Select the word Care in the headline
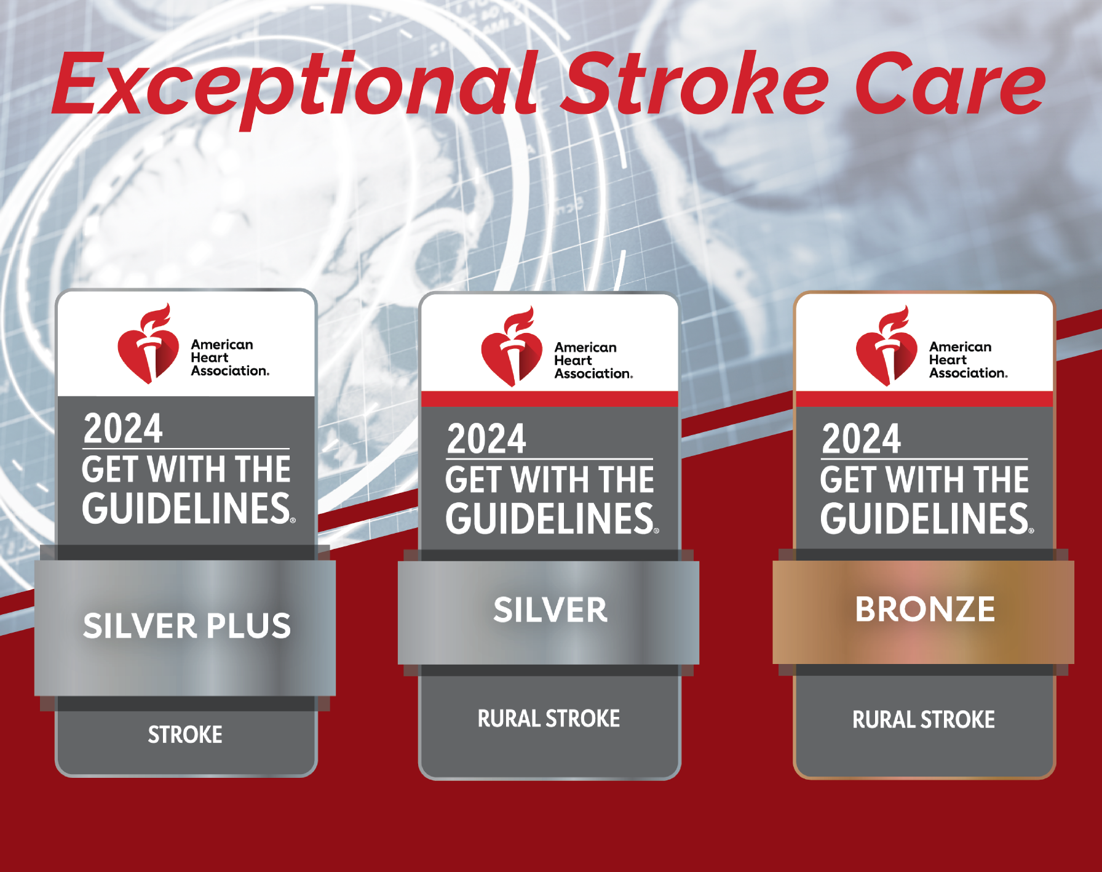tap(949, 84)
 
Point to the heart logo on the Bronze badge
tap(886, 346)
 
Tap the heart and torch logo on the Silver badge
tap(512, 346)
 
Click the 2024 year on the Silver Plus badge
tap(123, 428)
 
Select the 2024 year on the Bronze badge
tap(862, 439)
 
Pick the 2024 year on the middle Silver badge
tap(486, 439)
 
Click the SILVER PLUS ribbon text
tap(187, 626)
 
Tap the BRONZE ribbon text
tap(925, 609)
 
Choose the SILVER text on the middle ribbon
tap(550, 610)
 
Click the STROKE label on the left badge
tap(185, 735)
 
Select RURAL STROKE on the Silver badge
tap(549, 719)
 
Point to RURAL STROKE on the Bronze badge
tap(924, 719)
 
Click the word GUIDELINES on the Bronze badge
tap(926, 518)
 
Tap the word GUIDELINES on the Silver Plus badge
tap(188, 508)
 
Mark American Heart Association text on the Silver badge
tap(593, 361)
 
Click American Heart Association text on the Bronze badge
tap(969, 360)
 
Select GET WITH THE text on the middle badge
tap(550, 479)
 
